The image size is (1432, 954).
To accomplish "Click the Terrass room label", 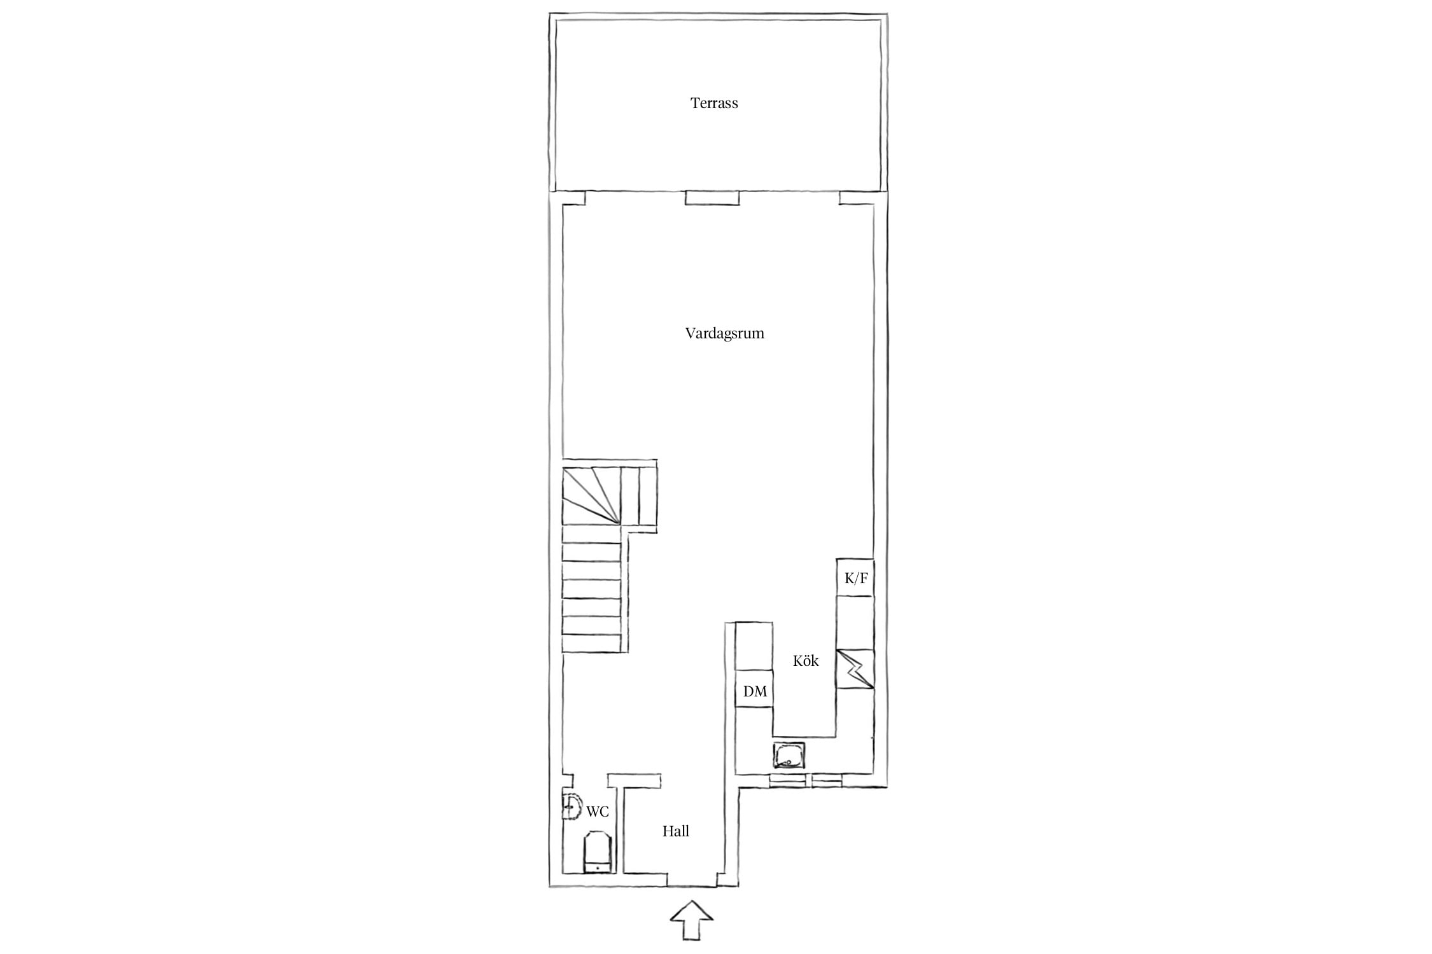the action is [x=714, y=103].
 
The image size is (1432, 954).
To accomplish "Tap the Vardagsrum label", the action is [x=724, y=333].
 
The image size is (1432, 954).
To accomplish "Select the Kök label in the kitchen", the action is [x=805, y=660].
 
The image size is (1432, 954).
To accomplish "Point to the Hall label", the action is [x=675, y=831].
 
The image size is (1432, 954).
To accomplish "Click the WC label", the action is [x=598, y=812].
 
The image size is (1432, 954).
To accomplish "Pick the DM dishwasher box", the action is [x=754, y=688].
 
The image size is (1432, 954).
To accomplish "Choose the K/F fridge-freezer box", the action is [x=855, y=577].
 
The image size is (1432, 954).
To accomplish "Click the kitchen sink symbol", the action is [x=790, y=756].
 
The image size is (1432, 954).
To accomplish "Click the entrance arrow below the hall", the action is [x=691, y=920].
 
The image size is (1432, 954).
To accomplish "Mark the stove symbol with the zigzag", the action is [x=855, y=668].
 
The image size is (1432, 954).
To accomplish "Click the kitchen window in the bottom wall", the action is [x=805, y=780].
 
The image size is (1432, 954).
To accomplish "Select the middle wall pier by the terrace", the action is [x=712, y=198].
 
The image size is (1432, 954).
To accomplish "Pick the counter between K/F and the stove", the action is [x=855, y=623].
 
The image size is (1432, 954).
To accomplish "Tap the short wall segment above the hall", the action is [x=634, y=780].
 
